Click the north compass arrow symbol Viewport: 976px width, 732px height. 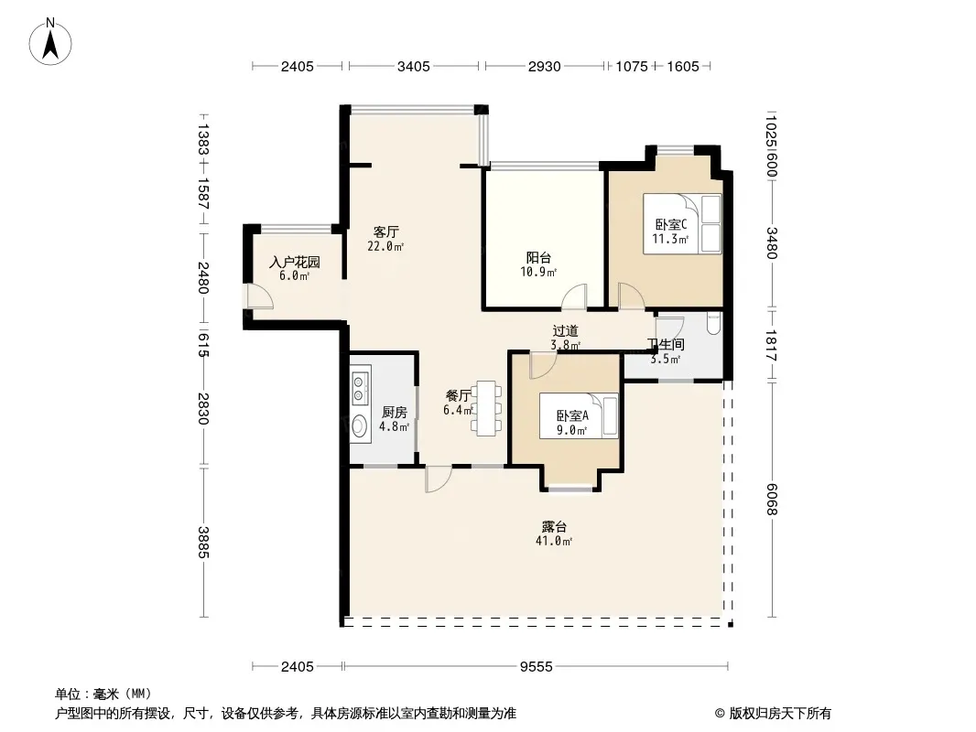[50, 42]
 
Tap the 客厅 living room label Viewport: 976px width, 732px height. [386, 232]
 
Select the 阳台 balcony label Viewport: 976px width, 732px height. [538, 257]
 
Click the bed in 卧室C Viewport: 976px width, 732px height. [682, 224]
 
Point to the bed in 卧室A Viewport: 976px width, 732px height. [579, 415]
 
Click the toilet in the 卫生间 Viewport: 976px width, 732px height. [714, 322]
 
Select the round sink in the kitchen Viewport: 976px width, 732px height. [360, 425]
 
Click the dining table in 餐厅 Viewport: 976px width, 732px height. [487, 408]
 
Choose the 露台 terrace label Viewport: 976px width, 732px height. [554, 527]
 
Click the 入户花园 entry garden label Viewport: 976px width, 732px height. [295, 262]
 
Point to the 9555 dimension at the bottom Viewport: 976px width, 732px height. [536, 667]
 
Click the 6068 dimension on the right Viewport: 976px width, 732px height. [771, 500]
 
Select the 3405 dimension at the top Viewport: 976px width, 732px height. [413, 66]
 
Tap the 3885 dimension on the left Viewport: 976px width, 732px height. [203, 543]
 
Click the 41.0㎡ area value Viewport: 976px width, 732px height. [553, 541]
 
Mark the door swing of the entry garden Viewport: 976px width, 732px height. [258, 296]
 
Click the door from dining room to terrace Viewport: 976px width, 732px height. [439, 479]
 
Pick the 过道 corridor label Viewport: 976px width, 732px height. [565, 331]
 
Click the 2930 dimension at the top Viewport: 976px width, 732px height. [544, 66]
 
